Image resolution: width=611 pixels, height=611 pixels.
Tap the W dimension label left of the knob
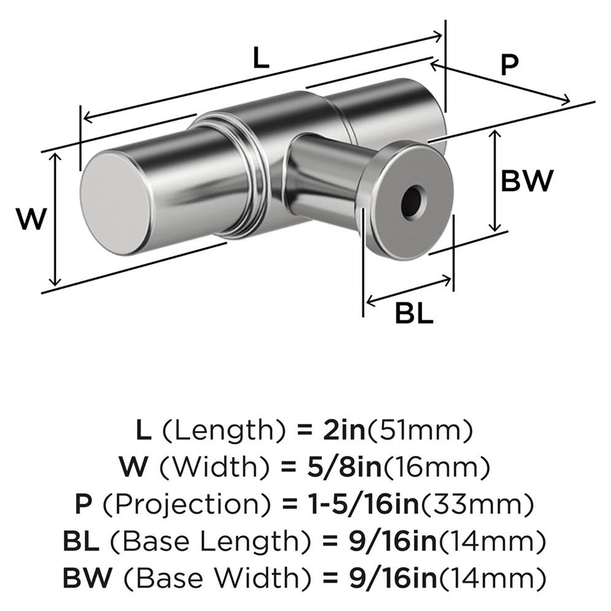click(31, 219)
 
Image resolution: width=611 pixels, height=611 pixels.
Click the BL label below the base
click(414, 315)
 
